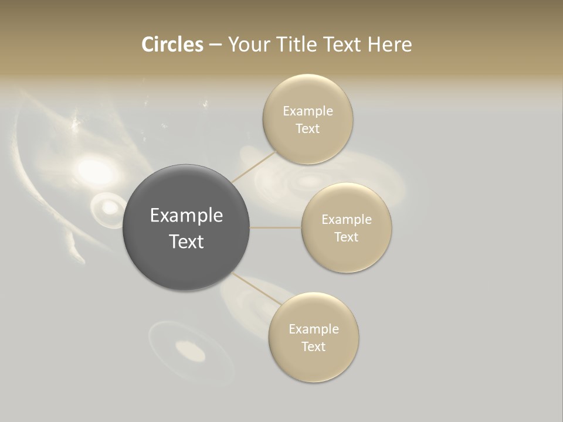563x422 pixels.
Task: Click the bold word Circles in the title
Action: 172,45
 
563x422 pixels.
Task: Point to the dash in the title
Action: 215,45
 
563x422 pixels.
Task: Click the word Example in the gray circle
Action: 186,216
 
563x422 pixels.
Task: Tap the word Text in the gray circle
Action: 186,241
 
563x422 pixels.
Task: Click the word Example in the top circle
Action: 307,111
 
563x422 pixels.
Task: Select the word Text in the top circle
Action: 307,129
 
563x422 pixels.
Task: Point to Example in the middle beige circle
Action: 347,220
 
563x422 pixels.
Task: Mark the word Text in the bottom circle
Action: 314,346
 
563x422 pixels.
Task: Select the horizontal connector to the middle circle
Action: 276,227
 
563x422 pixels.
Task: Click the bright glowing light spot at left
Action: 96,171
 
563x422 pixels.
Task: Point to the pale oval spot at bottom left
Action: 191,352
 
